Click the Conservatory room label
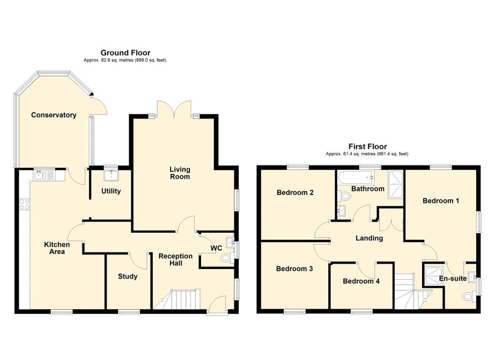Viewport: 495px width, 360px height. [54, 115]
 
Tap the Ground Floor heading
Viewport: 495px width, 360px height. [125, 53]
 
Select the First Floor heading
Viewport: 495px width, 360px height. [367, 147]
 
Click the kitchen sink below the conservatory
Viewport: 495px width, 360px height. [44, 175]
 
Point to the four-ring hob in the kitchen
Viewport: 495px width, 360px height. [24, 204]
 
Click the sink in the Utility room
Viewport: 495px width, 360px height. [111, 175]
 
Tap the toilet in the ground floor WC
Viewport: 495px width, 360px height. [226, 258]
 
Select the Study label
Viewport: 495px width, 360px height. [128, 277]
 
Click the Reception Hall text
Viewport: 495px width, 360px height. [175, 259]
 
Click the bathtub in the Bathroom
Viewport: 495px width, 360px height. [356, 178]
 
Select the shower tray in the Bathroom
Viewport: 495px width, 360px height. [395, 184]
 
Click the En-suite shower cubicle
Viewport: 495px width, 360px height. [433, 276]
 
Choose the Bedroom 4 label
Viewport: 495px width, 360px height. [361, 281]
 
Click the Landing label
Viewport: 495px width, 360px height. [369, 238]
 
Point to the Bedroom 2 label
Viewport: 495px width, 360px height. [295, 193]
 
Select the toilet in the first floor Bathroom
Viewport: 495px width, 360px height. [344, 196]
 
